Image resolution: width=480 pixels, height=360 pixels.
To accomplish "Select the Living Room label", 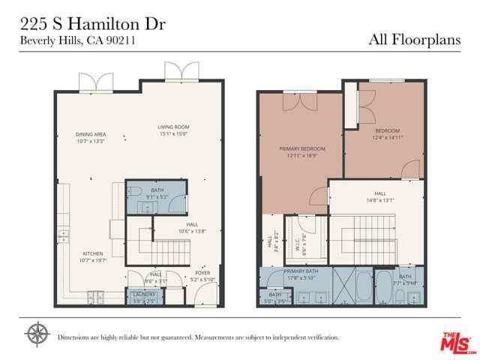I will pos(173,130).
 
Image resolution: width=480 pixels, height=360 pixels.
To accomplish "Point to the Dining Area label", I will pos(91,138).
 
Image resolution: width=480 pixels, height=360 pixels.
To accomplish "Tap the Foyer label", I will pos(203,276).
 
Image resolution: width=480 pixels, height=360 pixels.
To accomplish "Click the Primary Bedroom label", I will pos(298,151).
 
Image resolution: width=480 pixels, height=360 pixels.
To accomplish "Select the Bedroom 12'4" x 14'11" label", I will pos(387,134).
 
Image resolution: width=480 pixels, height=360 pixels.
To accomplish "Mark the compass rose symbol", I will pos(36,332).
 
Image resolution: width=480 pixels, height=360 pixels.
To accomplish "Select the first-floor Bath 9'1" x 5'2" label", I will pos(157,193).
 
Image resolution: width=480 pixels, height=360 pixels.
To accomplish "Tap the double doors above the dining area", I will pos(88,80).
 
